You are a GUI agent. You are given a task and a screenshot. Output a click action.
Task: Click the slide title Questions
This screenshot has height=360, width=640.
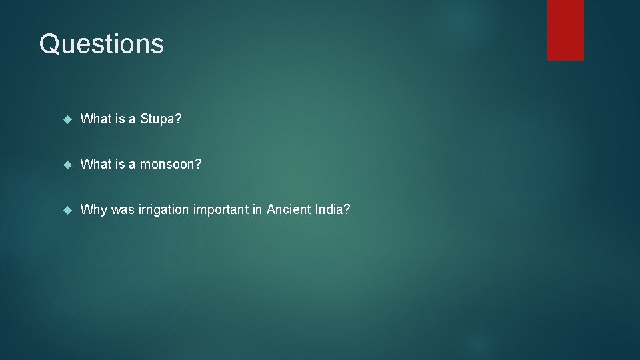click(101, 44)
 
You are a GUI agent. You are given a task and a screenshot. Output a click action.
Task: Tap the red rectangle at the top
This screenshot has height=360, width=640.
click(565, 30)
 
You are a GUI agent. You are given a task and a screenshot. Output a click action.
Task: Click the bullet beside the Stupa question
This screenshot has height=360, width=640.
click(66, 120)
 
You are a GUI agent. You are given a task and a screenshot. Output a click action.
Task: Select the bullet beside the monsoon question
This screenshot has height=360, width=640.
click(66, 165)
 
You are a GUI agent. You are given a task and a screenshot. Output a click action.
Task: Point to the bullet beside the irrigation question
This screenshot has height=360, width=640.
click(66, 210)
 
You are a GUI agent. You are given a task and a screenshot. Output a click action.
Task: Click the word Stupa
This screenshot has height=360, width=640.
click(157, 119)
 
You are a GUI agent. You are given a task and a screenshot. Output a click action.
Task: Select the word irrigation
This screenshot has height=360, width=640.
click(163, 210)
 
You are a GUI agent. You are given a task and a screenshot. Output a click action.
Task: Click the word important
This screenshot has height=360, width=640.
click(221, 210)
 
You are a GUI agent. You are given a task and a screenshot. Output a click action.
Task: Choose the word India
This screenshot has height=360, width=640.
click(327, 210)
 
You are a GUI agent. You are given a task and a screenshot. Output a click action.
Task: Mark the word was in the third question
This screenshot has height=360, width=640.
click(123, 210)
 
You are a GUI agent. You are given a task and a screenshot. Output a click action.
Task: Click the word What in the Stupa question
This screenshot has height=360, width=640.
click(96, 119)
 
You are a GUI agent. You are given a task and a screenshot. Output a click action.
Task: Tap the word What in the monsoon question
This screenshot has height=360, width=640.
click(96, 165)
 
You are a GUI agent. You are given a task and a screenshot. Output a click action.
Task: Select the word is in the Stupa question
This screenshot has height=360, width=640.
click(121, 119)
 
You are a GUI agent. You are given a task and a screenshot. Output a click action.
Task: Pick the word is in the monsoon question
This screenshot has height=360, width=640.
click(121, 165)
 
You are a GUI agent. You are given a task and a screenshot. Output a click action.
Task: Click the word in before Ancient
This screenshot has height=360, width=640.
click(257, 210)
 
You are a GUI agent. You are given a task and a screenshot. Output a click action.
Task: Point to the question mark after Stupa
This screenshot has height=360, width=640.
click(178, 119)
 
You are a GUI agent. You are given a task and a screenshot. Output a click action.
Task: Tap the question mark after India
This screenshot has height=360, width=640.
click(346, 210)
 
